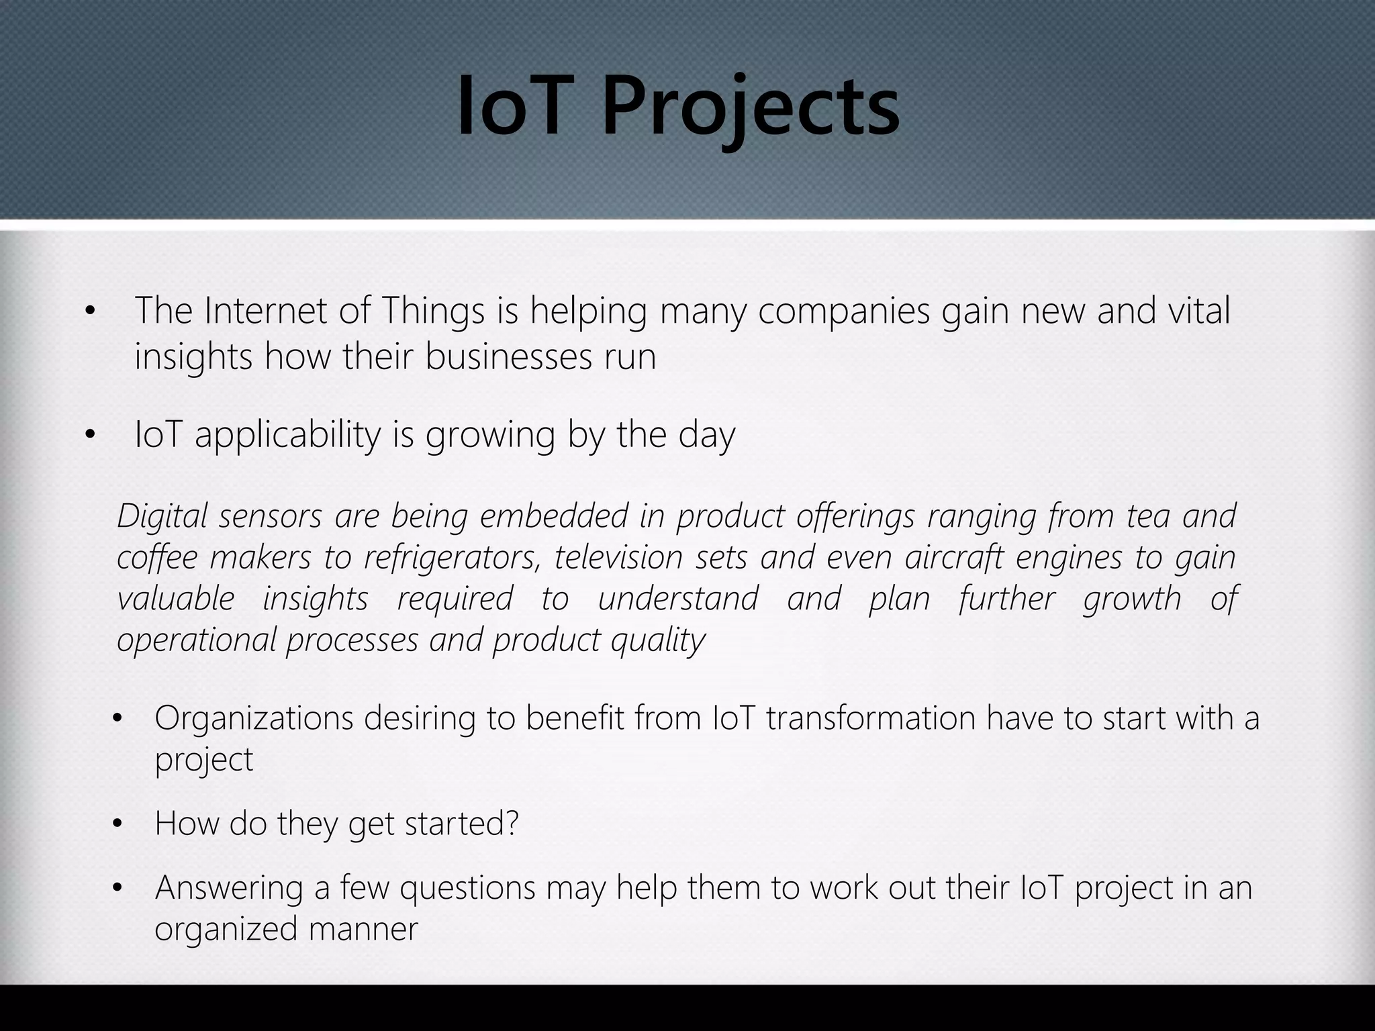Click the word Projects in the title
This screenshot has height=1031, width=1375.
(x=750, y=107)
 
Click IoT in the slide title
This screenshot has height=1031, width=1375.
(x=511, y=107)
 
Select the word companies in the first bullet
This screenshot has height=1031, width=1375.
(x=844, y=313)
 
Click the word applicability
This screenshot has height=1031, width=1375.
(x=288, y=436)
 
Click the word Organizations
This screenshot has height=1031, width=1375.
(x=254, y=719)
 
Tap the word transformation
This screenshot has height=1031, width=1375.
(x=871, y=718)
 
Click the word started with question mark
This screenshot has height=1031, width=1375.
(x=462, y=824)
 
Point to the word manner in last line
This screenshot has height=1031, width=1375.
(x=363, y=930)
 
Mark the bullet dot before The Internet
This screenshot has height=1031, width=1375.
(x=91, y=311)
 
